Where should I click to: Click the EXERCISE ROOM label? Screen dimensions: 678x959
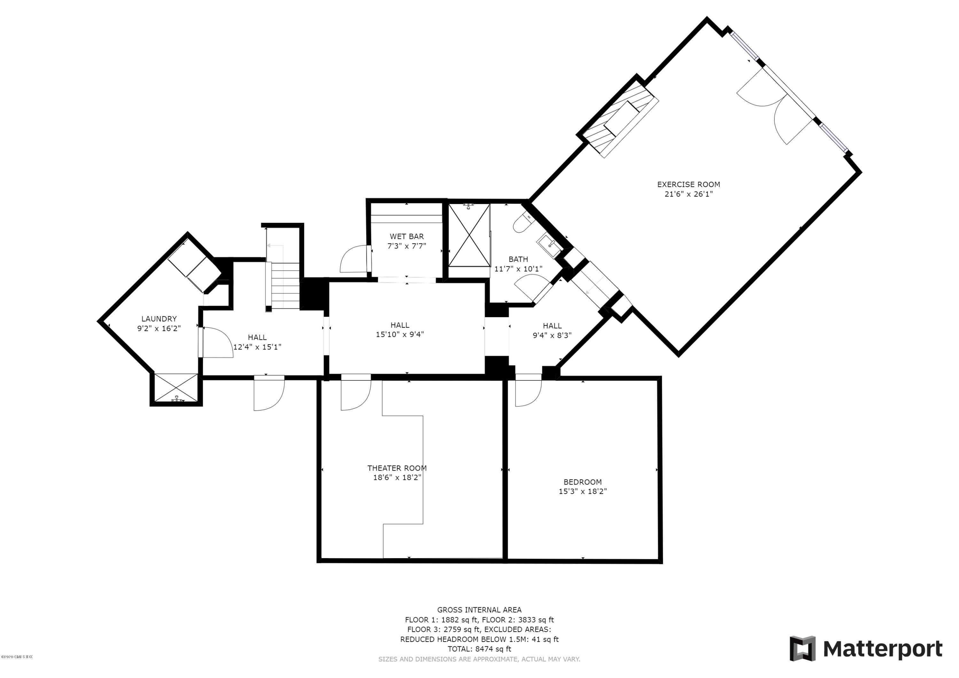click(688, 184)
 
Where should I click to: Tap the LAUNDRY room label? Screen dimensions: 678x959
click(159, 319)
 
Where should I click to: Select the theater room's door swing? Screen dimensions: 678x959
click(355, 395)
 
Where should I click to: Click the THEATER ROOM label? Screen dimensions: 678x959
click(397, 468)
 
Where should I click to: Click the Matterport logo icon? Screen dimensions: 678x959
click(802, 649)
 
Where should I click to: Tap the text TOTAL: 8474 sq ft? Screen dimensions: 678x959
click(479, 649)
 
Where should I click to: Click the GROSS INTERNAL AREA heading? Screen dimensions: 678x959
click(479, 610)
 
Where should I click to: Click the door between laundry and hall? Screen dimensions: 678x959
click(216, 343)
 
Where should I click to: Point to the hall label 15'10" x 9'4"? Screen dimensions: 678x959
click(400, 334)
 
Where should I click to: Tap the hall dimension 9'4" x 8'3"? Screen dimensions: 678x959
click(552, 335)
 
